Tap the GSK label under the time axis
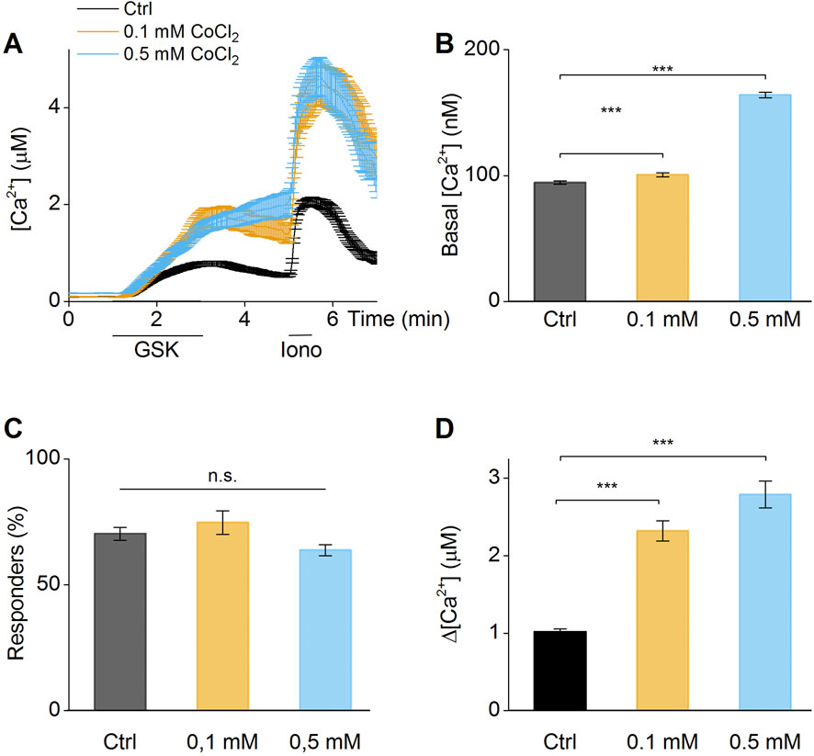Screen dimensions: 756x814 [158, 352]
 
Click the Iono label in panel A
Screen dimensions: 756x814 [300, 352]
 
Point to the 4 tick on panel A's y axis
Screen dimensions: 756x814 [56, 107]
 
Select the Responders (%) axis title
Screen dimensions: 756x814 [20, 584]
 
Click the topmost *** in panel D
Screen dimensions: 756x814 [662, 444]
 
